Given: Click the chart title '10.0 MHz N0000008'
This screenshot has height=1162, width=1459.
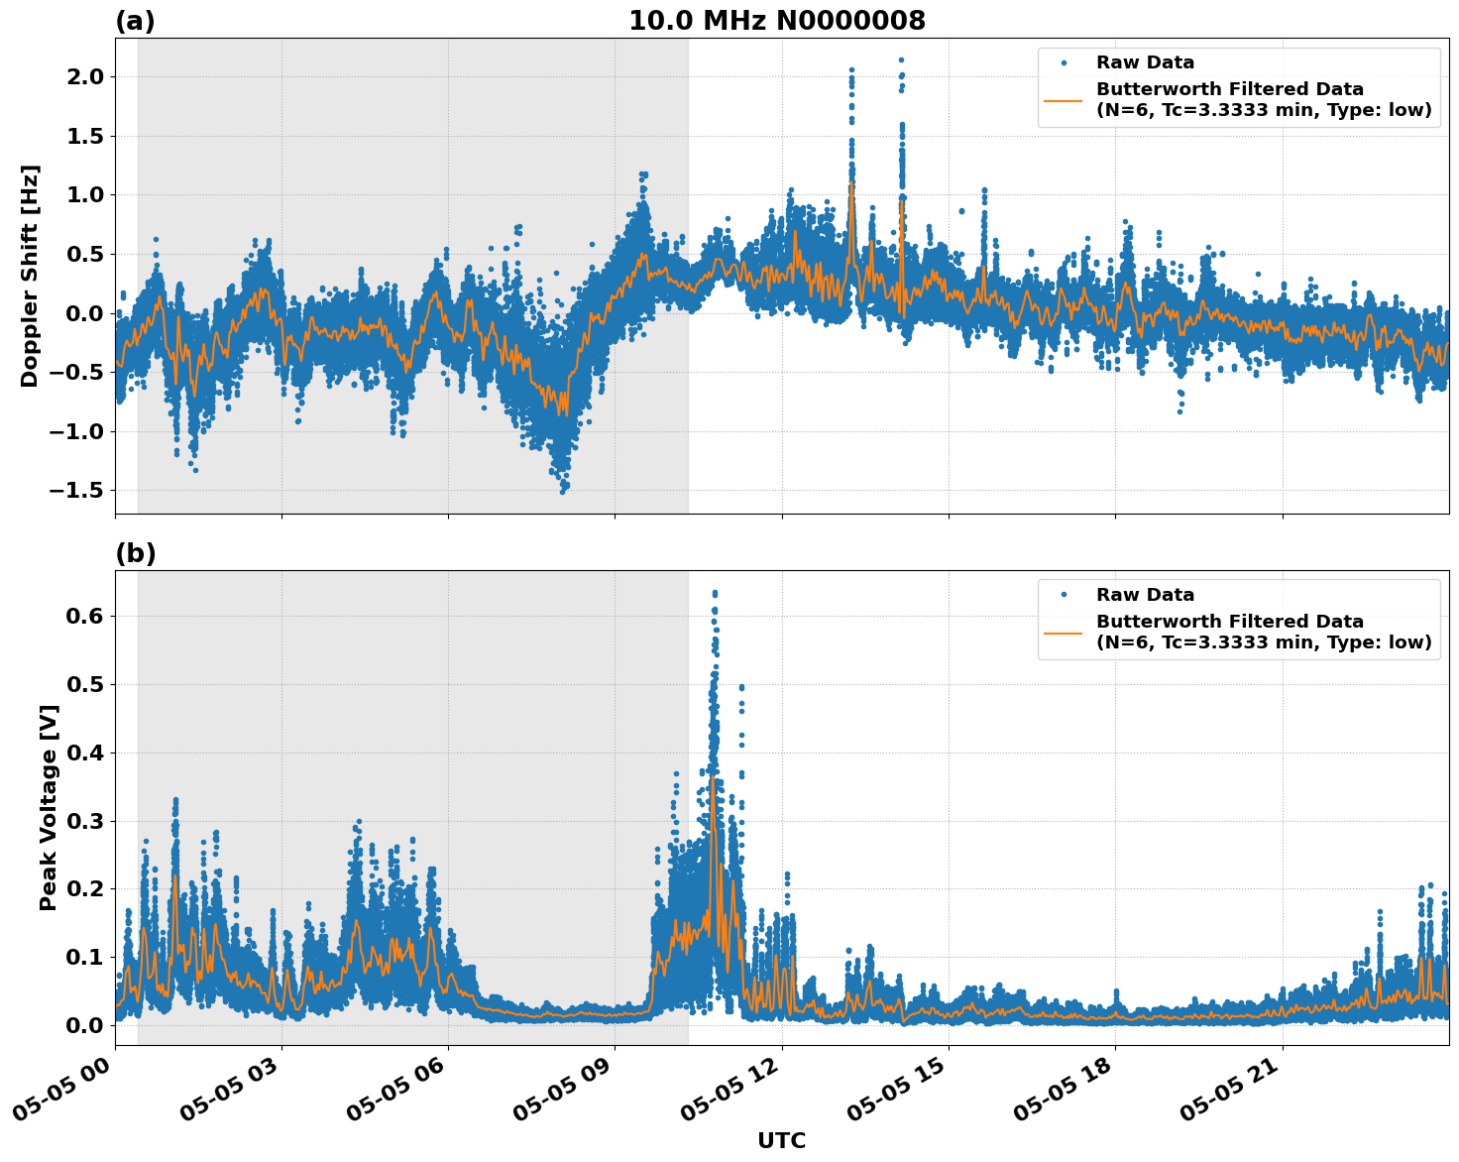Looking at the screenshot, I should tap(776, 21).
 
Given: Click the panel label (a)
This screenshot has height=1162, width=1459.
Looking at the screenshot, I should tap(135, 21).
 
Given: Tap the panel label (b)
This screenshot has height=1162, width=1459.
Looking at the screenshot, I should tap(135, 553).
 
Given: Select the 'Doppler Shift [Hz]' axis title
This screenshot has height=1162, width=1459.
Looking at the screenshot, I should tap(30, 276).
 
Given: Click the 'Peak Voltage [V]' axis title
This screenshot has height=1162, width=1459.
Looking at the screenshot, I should tap(49, 807).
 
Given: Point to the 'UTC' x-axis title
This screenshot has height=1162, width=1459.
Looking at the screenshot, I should tap(781, 1140).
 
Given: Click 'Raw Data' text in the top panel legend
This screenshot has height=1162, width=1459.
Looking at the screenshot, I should tap(1145, 62).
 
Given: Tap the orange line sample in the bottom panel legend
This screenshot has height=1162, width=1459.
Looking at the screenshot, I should tap(1063, 632).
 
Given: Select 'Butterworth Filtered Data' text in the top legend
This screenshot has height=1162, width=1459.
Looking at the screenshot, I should tap(1229, 89).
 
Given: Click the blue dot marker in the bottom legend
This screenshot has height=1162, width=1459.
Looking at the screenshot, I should tap(1064, 595).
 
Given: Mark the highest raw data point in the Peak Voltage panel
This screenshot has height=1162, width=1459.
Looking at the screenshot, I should tap(715, 593).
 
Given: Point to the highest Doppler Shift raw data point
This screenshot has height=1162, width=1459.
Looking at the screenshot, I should tap(901, 59).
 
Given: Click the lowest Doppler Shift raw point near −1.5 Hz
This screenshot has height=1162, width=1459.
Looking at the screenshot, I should tap(562, 491).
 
